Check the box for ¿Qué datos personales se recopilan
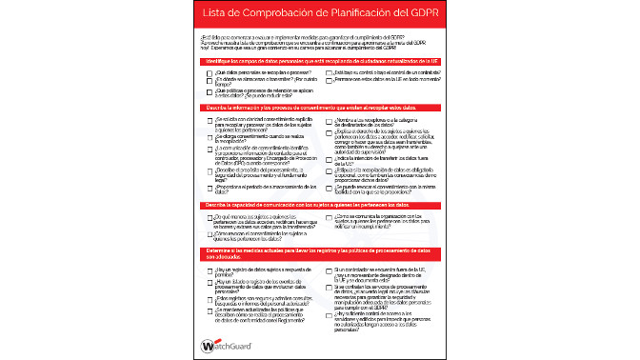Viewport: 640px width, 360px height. point(210,72)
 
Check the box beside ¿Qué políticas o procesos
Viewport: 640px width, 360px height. point(210,90)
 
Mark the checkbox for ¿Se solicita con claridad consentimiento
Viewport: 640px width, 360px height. point(210,122)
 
